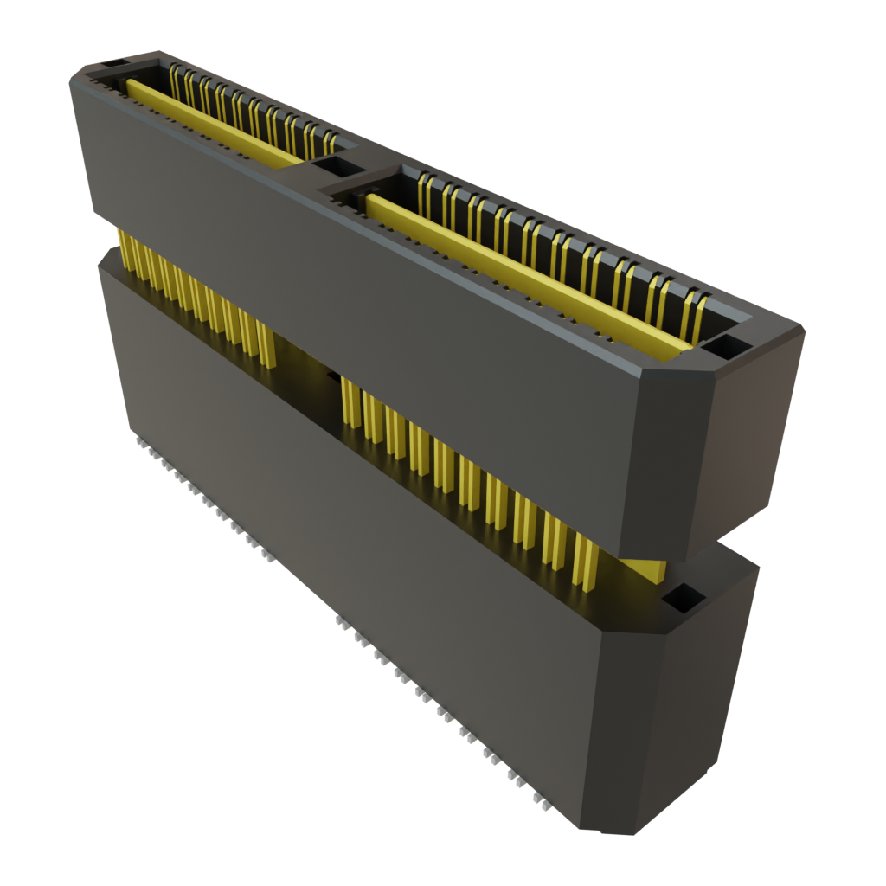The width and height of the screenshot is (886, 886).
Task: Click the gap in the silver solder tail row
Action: click(x=303, y=588)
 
